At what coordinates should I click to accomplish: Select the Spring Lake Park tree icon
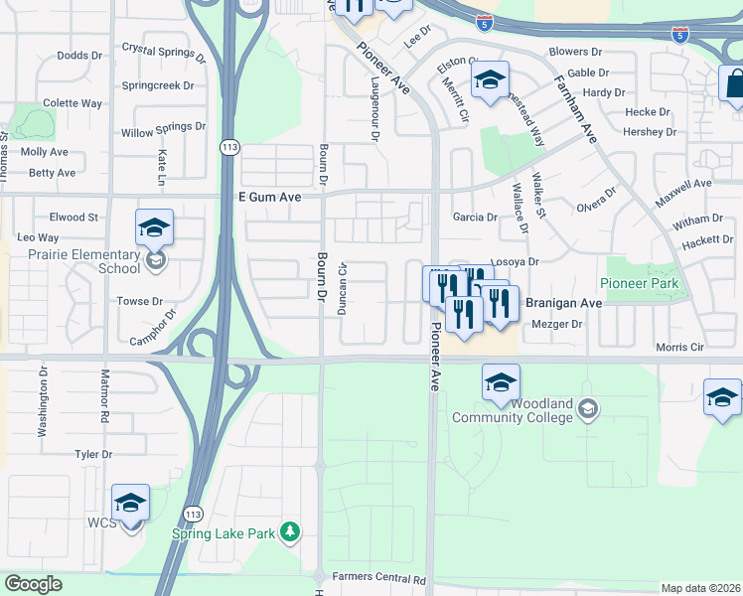pyautogui.click(x=290, y=533)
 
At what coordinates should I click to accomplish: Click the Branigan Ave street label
pyautogui.click(x=563, y=303)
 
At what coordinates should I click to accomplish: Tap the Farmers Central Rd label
pyautogui.click(x=378, y=578)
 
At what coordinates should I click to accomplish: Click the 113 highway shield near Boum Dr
pyautogui.click(x=229, y=147)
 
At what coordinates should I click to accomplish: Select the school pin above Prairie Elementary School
pyautogui.click(x=154, y=228)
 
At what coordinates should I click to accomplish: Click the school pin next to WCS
pyautogui.click(x=130, y=504)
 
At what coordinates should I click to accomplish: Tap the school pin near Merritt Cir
pyautogui.click(x=490, y=81)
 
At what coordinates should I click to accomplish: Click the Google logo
pyautogui.click(x=33, y=584)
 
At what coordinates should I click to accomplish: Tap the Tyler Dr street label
pyautogui.click(x=93, y=454)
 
